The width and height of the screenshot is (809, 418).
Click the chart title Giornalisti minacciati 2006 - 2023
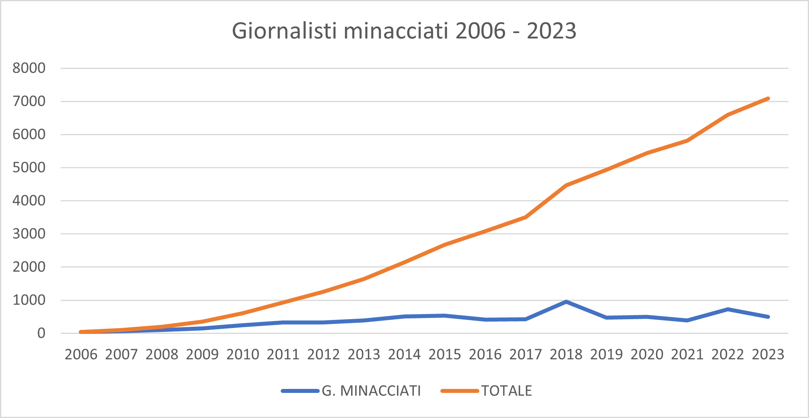tap(404, 31)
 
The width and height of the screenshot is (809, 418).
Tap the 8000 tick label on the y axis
tap(29, 68)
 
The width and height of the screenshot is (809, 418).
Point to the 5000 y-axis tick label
tap(29, 167)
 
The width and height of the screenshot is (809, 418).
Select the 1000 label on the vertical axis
tap(29, 300)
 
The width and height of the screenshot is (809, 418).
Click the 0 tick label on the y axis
tap(41, 333)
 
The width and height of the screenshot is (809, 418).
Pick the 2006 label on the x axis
tap(81, 354)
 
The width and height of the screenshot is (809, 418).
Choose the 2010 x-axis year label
tap(243, 354)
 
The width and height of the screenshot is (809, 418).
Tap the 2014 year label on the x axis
tap(404, 354)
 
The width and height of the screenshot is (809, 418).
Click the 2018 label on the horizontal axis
tap(566, 354)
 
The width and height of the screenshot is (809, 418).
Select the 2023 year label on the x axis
tap(768, 354)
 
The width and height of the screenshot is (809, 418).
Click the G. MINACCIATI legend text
tap(371, 391)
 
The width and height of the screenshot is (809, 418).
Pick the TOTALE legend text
tap(506, 391)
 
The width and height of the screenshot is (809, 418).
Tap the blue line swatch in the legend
tap(300, 391)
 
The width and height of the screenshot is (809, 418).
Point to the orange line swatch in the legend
tap(460, 391)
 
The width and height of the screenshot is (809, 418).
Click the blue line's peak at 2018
tap(566, 302)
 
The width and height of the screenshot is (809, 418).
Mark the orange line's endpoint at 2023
tap(768, 98)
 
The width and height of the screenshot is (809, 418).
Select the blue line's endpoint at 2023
tap(768, 317)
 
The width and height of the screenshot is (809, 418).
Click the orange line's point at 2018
tap(566, 185)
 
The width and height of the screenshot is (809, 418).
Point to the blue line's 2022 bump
tap(728, 309)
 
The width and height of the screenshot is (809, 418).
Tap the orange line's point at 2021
tap(688, 141)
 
